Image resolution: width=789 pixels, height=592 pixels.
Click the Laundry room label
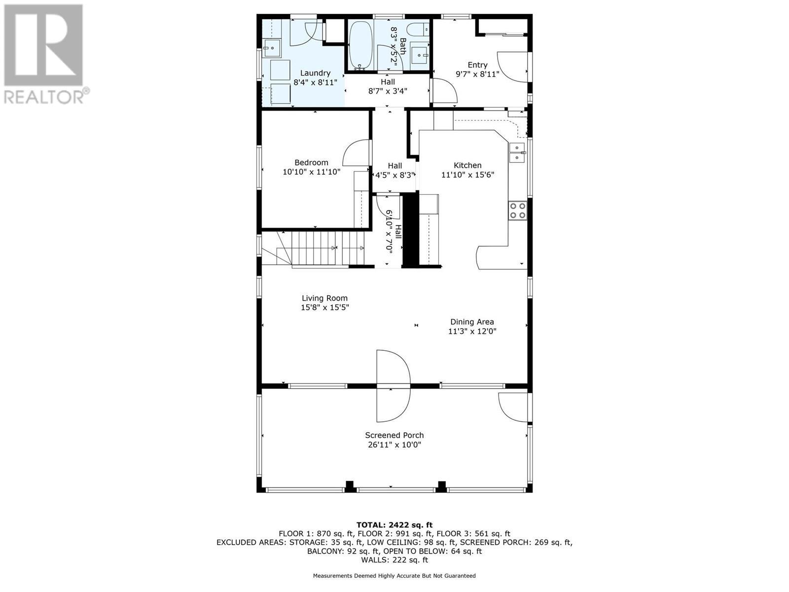point(315,73)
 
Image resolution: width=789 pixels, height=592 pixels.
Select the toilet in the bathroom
point(420,30)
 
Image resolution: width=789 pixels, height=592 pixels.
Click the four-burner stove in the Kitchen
point(518,211)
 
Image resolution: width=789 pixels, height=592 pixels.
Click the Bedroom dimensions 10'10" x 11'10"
point(311,172)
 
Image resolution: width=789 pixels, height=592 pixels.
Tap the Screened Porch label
point(394,435)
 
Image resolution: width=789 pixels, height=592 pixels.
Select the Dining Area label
point(472,322)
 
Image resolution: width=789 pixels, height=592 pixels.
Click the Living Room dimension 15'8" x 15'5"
point(324,307)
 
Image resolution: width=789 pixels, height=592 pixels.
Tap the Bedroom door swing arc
point(355,153)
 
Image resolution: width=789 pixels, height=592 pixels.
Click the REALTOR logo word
point(47,96)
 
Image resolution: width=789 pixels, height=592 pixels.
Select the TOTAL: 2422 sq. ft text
point(394,525)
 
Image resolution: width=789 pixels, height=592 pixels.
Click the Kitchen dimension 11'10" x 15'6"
point(467,175)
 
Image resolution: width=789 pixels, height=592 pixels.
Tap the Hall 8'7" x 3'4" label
point(388,86)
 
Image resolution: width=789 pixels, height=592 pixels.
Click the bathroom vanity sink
point(420,54)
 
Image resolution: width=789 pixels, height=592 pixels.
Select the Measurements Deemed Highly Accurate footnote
point(394,576)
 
